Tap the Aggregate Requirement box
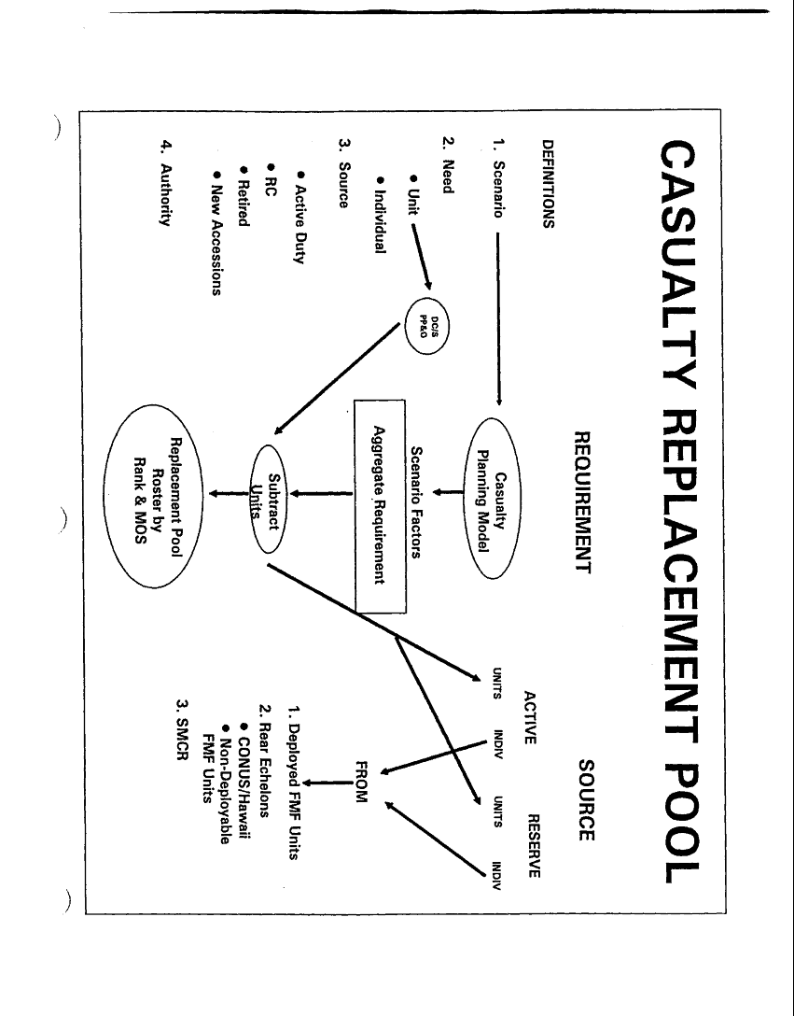(379, 505)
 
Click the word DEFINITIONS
(549, 184)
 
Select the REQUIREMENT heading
(582, 501)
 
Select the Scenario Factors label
(418, 501)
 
